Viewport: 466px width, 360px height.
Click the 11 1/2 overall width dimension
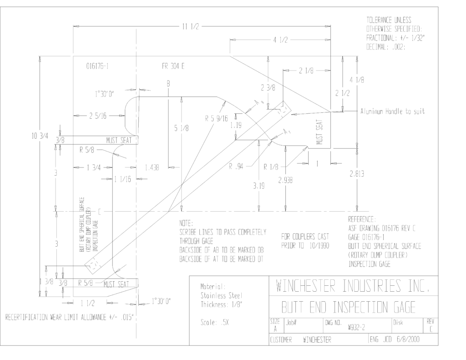click(x=191, y=27)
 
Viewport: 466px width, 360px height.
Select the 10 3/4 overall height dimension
click(x=40, y=136)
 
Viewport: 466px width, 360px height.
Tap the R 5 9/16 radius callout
click(x=216, y=119)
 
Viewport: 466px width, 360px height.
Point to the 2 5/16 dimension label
click(x=98, y=116)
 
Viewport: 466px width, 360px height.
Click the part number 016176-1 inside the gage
click(x=97, y=66)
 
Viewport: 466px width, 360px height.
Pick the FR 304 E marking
click(x=173, y=66)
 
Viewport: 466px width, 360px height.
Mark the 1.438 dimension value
click(x=152, y=167)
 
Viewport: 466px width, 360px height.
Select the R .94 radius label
click(x=236, y=167)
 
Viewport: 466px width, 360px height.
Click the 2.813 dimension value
click(x=357, y=173)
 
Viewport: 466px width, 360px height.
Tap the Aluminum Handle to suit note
click(x=393, y=112)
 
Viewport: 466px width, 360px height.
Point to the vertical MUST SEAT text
click(x=319, y=132)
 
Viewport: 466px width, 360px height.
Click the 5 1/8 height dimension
click(x=181, y=128)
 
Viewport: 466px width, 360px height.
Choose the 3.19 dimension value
click(x=259, y=186)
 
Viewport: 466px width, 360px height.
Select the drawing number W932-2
click(x=356, y=328)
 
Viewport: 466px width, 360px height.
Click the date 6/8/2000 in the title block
click(x=408, y=339)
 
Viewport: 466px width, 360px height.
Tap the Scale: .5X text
click(x=215, y=323)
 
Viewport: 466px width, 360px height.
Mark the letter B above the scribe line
click(x=168, y=84)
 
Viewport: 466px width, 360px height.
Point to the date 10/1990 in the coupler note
click(x=319, y=246)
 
